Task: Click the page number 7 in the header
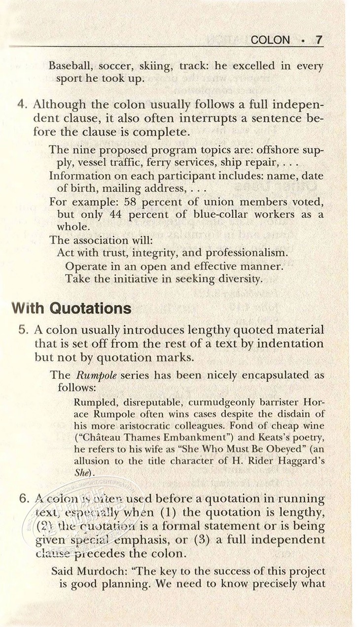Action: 319,39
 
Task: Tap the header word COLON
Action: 271,40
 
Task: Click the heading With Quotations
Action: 72,309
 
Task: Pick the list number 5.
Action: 22,330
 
